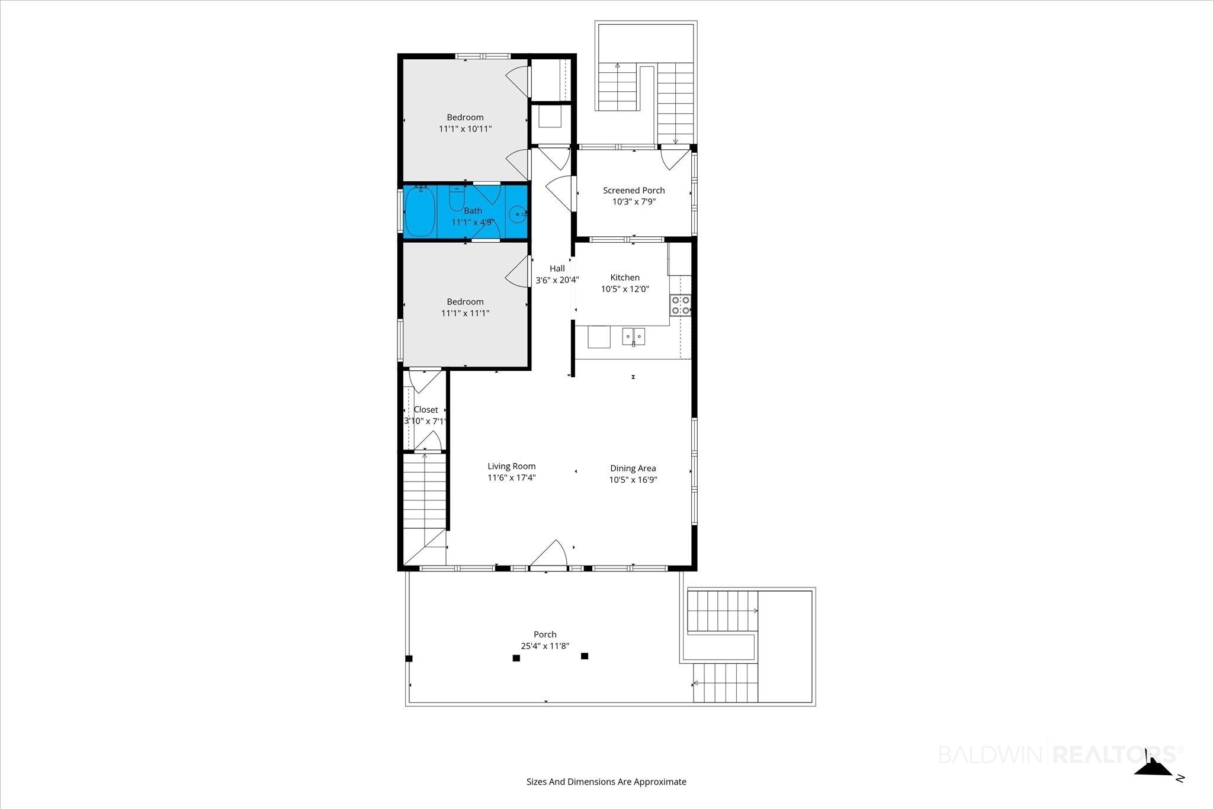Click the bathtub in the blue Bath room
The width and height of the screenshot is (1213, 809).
tap(420, 212)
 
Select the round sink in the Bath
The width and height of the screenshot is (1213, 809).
tap(518, 214)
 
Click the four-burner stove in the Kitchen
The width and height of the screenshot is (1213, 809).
tap(680, 304)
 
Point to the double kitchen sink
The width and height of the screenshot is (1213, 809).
tap(633, 337)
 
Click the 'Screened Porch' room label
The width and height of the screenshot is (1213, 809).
tap(634, 190)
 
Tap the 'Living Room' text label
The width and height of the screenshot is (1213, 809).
tap(512, 466)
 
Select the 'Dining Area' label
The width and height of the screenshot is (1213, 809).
tap(633, 468)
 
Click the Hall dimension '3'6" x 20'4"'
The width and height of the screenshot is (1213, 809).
tap(557, 280)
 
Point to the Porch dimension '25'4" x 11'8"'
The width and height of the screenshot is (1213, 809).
tap(545, 646)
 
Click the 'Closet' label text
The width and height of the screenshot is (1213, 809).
tap(426, 410)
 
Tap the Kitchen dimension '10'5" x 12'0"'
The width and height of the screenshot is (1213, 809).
tap(625, 289)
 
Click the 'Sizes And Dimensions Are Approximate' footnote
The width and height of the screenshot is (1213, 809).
tap(606, 782)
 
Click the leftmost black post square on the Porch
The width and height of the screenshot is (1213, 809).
tap(409, 659)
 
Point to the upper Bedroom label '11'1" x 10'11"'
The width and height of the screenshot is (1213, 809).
tap(466, 129)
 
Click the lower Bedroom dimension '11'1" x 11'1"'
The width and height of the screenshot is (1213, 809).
tap(466, 313)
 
